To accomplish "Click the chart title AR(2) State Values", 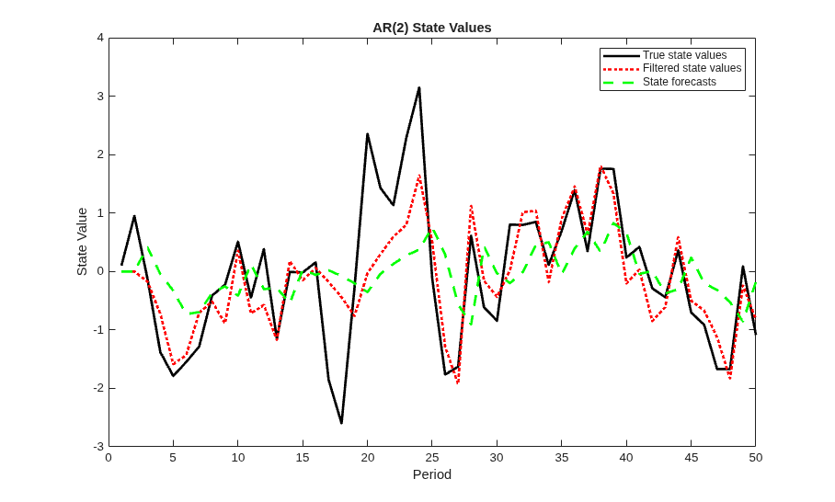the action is (432, 28).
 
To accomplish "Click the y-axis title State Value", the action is (82, 242).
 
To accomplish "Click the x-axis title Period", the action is (432, 474).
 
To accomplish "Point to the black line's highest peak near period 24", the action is (419, 88).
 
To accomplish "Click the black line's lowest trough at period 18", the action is (341, 423).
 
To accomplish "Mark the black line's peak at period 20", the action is (368, 134).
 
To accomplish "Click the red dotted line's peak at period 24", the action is (419, 175).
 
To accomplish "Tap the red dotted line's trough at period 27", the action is (458, 382).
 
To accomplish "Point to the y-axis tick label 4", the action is (100, 38).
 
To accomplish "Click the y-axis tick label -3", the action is (98, 447).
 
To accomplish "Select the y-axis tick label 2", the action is (100, 154).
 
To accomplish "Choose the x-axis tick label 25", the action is (432, 458).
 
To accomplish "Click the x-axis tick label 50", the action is (756, 458).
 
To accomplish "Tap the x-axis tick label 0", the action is (109, 458).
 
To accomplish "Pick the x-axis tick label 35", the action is (561, 458).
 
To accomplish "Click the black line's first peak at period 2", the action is (134, 216).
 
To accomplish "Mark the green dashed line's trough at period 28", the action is (471, 325).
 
